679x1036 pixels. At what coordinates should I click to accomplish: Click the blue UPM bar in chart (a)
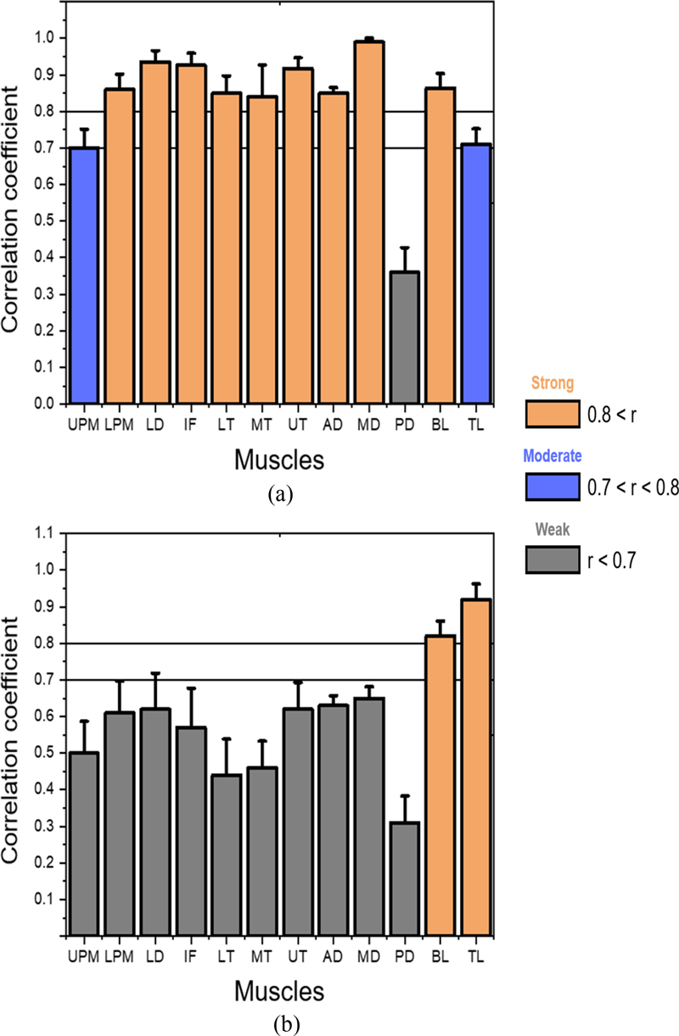85,276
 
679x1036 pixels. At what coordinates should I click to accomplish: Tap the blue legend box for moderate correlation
551,486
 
